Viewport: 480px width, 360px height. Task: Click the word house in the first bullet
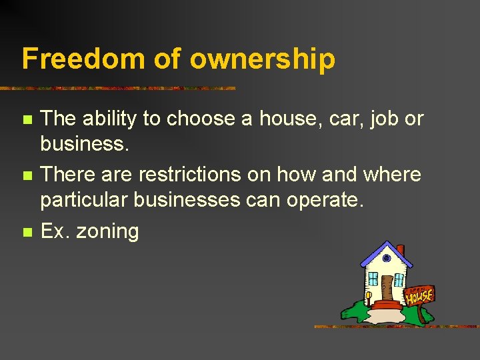click(x=295, y=119)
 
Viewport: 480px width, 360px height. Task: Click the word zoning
click(x=107, y=232)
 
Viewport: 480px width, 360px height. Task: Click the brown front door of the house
click(x=387, y=287)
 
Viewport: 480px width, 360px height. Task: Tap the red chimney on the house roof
click(x=400, y=252)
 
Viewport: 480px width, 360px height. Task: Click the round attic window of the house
click(x=386, y=259)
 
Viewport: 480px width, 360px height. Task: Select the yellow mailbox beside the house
click(x=368, y=294)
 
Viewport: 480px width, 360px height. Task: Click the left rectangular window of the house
click(x=373, y=278)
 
